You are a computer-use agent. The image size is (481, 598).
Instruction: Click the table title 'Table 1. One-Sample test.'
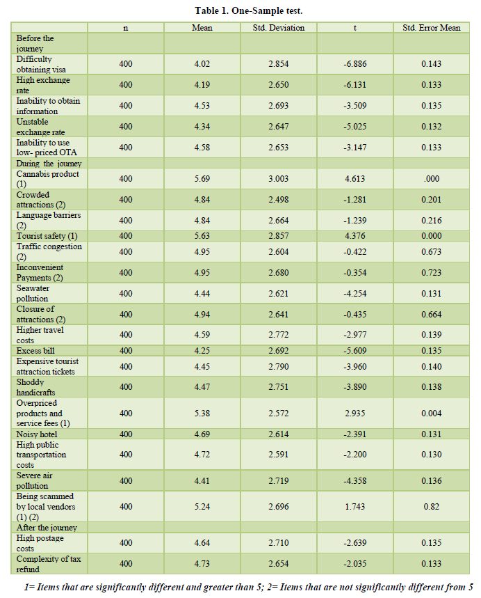pos(249,10)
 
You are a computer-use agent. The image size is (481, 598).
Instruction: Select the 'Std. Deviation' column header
pos(279,28)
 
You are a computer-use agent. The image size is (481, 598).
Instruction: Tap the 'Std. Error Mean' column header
pos(432,28)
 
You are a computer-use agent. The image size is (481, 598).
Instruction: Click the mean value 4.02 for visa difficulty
pos(202,63)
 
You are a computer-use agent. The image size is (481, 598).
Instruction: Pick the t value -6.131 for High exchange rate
pos(355,85)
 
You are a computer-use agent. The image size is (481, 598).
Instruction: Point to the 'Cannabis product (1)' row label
pos(47,179)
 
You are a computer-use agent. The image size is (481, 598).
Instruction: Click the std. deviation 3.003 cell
pos(279,178)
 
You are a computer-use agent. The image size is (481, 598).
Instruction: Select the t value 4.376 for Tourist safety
pos(355,236)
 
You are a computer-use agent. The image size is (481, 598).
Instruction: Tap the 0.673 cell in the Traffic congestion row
pos(432,252)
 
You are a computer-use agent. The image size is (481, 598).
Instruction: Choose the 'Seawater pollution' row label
pos(33,293)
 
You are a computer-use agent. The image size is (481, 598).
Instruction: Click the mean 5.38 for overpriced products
pos(202,413)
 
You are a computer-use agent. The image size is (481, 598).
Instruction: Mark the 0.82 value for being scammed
pos(432,507)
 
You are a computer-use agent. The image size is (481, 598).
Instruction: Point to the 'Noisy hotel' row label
pos(37,434)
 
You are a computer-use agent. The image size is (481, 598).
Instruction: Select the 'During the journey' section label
pos(49,163)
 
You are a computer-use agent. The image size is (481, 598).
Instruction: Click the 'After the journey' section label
pos(47,528)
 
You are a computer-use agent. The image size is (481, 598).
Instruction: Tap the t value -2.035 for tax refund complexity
pos(355,564)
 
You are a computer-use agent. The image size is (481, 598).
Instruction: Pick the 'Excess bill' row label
pos(35,350)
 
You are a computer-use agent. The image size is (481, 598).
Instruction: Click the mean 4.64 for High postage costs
pos(202,543)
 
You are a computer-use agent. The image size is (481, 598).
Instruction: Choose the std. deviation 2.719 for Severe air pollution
pos(279,480)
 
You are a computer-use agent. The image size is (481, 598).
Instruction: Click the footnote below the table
pos(249,587)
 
